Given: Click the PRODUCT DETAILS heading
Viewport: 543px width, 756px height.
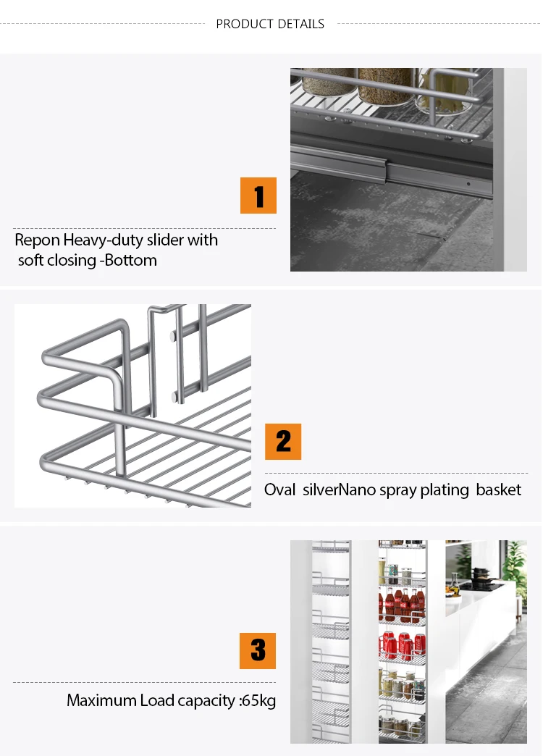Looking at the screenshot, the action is (x=270, y=24).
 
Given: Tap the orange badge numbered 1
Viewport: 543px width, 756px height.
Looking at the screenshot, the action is (x=258, y=196).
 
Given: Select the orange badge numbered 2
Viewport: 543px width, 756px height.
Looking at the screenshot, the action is (x=283, y=442).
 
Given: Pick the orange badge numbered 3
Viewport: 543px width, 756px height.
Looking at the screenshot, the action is (x=258, y=651).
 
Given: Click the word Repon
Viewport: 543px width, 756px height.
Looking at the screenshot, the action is (x=37, y=240).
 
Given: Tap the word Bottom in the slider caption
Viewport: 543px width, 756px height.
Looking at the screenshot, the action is (x=131, y=261).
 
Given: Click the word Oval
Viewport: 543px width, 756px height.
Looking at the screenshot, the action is (x=279, y=490).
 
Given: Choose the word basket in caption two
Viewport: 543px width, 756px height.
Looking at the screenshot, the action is (x=499, y=490).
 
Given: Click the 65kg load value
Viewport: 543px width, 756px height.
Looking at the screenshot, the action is (x=258, y=700).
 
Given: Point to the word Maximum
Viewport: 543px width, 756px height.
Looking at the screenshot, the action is (x=101, y=700).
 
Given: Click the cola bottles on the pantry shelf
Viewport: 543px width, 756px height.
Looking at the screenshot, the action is (x=403, y=605).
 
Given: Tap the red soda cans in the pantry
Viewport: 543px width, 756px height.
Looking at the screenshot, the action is (x=404, y=645).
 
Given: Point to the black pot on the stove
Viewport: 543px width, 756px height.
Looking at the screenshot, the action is (x=481, y=576).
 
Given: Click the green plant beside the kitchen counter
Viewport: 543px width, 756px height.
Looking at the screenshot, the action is (x=514, y=566).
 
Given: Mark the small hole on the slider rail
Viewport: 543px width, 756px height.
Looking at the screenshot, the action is (x=468, y=184).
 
